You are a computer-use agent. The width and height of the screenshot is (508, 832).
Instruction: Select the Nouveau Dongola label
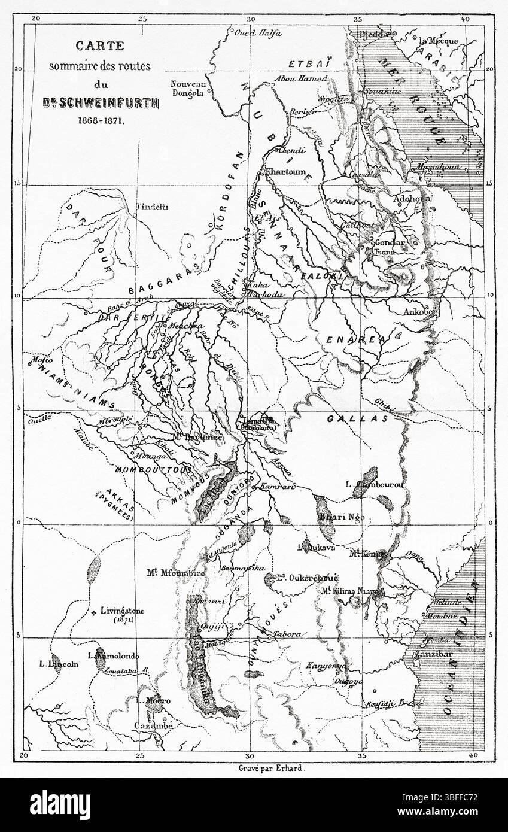click(188, 89)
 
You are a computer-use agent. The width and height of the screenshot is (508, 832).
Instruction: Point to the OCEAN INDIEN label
click(459, 646)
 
